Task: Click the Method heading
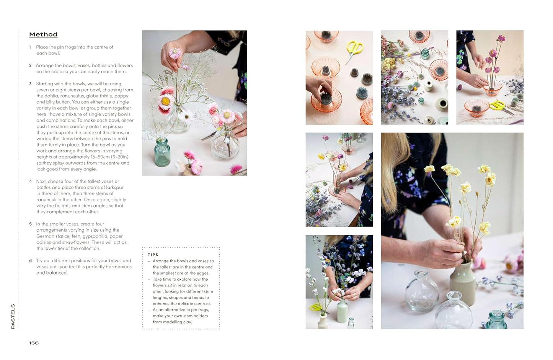coord(43,34)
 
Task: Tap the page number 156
coord(34,343)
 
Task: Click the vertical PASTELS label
coord(13,316)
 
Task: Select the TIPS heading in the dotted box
coord(153,255)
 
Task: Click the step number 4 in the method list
coord(31,182)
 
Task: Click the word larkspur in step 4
coord(115,188)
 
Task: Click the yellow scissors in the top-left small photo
coord(354,49)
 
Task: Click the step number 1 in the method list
coord(30,47)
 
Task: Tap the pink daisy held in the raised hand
coord(175,53)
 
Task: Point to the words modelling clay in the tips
coord(178,322)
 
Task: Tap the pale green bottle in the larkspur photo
coord(342,310)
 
